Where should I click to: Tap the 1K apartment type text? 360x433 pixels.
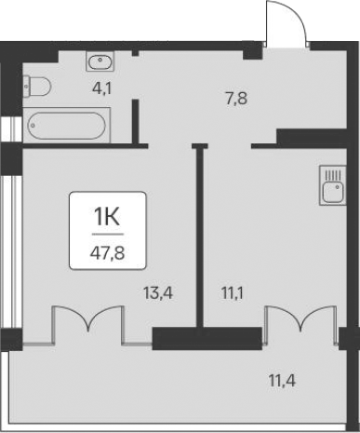107,217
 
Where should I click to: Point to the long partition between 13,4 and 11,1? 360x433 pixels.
199,233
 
